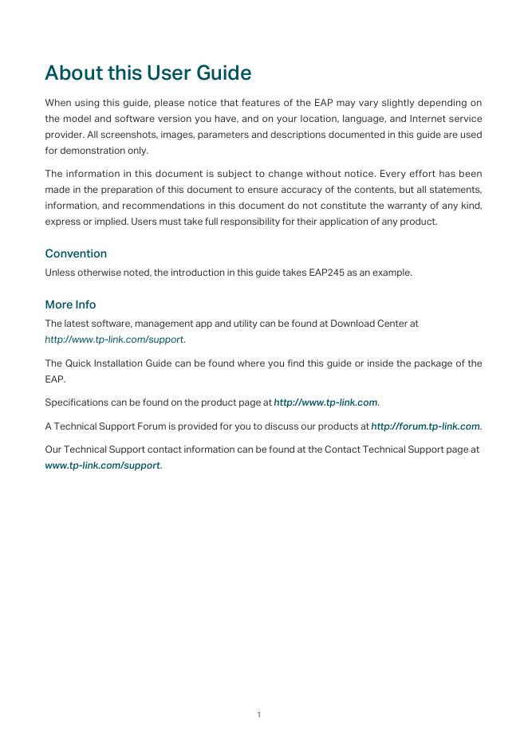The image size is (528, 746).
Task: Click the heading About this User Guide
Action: click(148, 73)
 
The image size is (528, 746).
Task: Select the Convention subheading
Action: click(76, 253)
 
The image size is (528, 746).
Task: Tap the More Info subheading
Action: click(70, 304)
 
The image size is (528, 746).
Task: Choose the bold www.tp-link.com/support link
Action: click(103, 465)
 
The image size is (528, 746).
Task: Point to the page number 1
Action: click(259, 714)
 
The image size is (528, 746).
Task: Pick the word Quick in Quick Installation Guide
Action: click(81, 363)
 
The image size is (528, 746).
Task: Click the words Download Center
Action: click(368, 324)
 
